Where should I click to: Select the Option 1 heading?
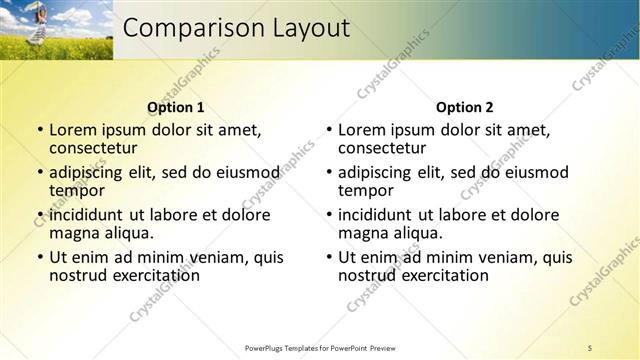[x=176, y=107]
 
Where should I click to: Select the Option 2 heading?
[x=465, y=107]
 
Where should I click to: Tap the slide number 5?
[x=590, y=347]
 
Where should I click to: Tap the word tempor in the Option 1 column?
[x=73, y=189]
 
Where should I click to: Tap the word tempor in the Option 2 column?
[x=362, y=189]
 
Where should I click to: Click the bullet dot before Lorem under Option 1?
[x=40, y=130]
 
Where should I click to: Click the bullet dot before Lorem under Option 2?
[x=329, y=130]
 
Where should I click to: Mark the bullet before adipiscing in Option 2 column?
[x=329, y=173]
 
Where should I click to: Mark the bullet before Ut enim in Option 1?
[x=40, y=258]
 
